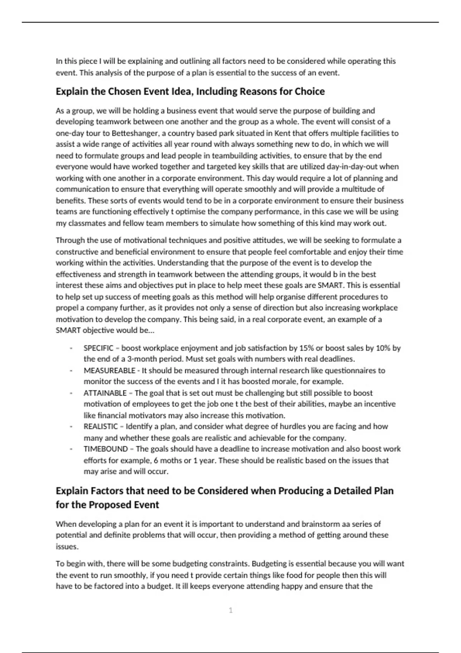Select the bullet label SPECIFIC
(x=98, y=348)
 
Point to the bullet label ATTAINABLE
(x=105, y=393)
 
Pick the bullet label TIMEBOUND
(x=106, y=449)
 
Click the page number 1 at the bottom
(x=230, y=610)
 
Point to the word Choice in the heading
(x=310, y=91)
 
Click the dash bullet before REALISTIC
(x=71, y=427)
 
